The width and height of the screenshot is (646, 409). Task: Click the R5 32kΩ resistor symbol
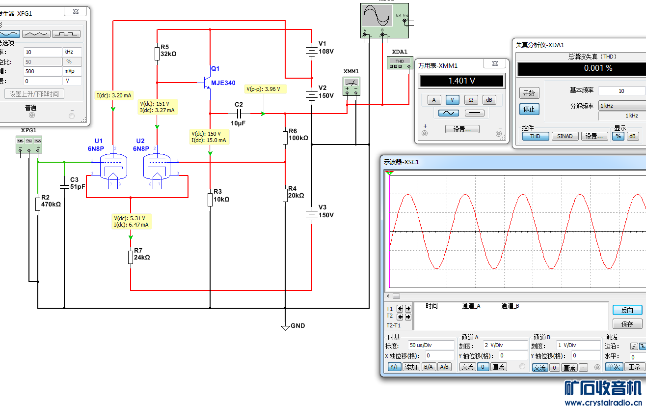coord(157,53)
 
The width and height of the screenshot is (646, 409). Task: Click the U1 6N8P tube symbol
coord(113,167)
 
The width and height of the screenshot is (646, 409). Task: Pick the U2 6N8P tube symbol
coord(157,167)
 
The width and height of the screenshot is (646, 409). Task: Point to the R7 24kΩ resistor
coord(131,257)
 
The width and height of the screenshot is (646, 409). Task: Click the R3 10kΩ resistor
coord(210,199)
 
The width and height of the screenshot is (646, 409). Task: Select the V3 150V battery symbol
coord(311,214)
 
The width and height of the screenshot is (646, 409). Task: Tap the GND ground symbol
coord(285,326)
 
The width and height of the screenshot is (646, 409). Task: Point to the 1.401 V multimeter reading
coord(461,81)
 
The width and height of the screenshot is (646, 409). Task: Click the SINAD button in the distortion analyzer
coord(565,136)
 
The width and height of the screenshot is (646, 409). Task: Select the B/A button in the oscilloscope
coord(428,367)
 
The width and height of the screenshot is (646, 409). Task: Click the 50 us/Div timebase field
coord(431,345)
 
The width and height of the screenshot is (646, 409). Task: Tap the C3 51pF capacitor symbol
coord(64,186)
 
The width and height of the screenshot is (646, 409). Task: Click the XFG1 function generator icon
coord(29,144)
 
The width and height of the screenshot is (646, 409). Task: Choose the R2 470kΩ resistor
coord(37,204)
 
